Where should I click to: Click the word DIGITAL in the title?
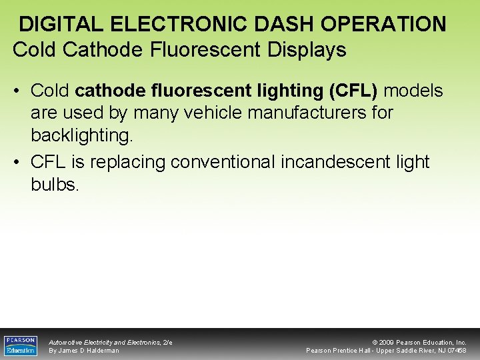(61, 25)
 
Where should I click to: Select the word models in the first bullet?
(414, 90)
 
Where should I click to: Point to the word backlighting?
(82, 136)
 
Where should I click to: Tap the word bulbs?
(55, 185)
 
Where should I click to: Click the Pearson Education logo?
(21, 345)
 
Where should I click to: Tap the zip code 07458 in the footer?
(457, 351)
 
